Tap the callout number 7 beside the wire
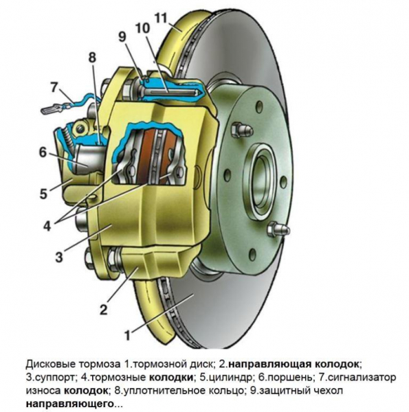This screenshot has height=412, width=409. click(x=53, y=87)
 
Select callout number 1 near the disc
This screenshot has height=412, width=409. click(x=127, y=335)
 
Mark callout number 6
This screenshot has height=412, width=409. click(x=42, y=152)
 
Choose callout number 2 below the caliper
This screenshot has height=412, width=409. click(x=102, y=309)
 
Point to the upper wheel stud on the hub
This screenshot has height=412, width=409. click(x=239, y=128)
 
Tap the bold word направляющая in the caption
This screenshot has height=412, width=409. click(x=269, y=363)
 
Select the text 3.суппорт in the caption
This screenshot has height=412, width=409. click(x=47, y=377)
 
